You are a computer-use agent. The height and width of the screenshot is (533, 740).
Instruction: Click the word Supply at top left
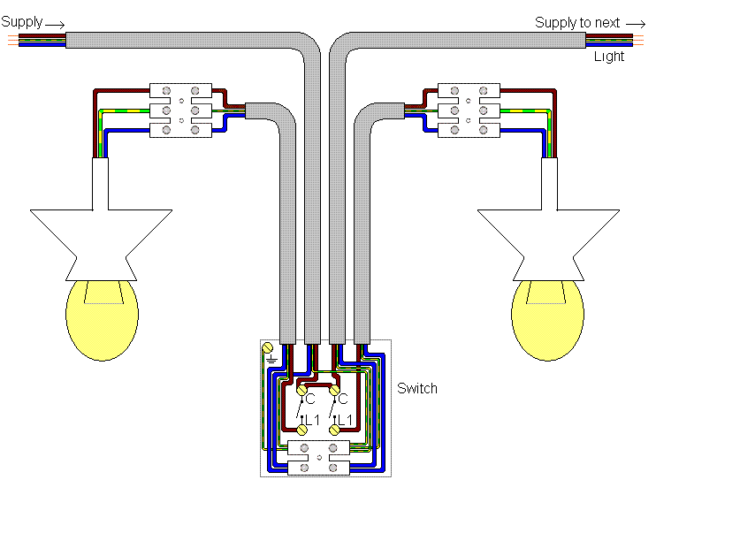(21, 20)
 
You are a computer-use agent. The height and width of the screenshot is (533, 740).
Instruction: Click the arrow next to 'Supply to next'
(636, 24)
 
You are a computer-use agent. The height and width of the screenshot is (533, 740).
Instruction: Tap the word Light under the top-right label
(608, 57)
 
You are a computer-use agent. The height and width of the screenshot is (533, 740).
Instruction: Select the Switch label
(416, 388)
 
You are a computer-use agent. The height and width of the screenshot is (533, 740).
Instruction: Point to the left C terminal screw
(301, 388)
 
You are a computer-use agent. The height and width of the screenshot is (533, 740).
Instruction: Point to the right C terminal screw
(335, 388)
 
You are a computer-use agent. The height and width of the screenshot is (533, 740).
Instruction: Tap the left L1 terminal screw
(301, 429)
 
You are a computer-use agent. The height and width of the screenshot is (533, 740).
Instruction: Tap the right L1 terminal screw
(335, 429)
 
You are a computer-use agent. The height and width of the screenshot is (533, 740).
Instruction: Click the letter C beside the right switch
(345, 400)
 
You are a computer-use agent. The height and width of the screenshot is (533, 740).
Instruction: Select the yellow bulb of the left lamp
(103, 320)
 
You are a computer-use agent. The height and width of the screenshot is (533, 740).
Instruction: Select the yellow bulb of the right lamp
(548, 320)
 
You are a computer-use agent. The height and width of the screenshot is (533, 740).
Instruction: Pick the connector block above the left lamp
(180, 110)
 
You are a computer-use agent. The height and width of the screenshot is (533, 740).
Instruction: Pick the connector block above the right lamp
(469, 110)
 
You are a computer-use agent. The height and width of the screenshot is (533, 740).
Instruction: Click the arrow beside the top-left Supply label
(55, 24)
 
